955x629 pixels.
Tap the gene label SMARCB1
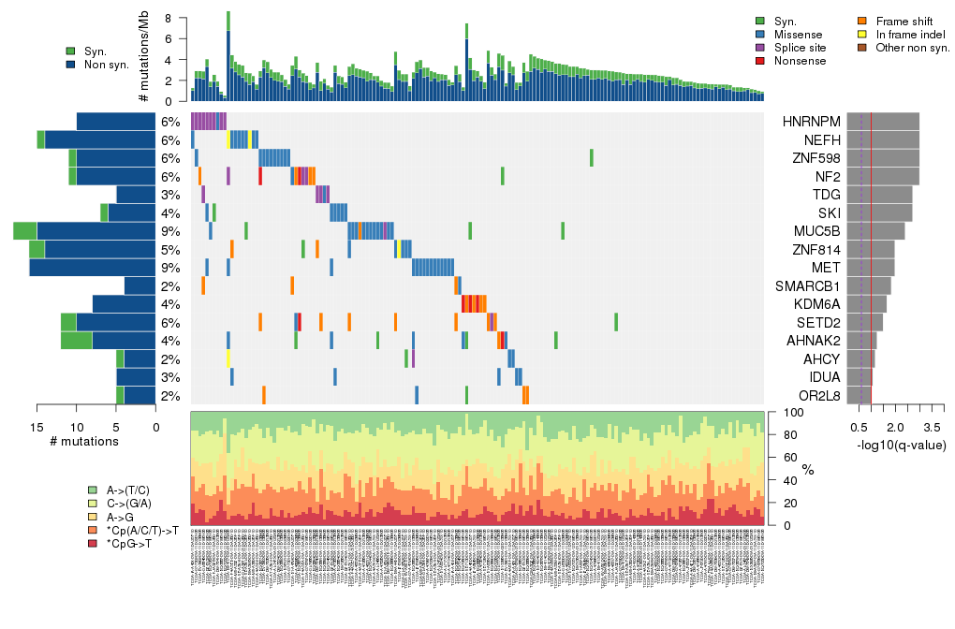click(x=810, y=286)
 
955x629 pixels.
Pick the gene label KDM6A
click(x=815, y=304)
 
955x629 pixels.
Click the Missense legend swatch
click(x=760, y=34)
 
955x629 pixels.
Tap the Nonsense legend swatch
click(x=760, y=60)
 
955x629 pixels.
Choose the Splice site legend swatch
click(x=760, y=47)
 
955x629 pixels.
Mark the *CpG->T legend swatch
click(x=92, y=543)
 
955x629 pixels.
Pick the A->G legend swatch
click(x=92, y=517)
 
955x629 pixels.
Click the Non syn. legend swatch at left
click(x=71, y=65)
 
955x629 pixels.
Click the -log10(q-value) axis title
click(x=900, y=446)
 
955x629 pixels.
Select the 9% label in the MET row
click(x=170, y=268)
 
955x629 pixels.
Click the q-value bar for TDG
click(x=879, y=195)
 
